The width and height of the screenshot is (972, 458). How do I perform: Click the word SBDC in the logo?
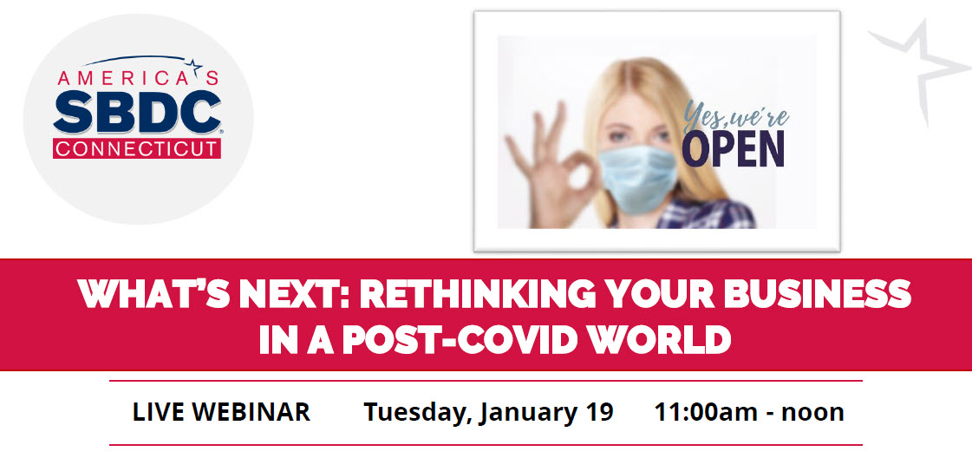(x=138, y=112)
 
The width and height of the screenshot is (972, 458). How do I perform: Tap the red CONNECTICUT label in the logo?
(x=137, y=148)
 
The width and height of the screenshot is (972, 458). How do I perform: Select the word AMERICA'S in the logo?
(x=138, y=77)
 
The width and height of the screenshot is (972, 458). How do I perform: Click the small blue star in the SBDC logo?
(x=194, y=64)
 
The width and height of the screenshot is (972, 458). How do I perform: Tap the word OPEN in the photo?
(x=734, y=149)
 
